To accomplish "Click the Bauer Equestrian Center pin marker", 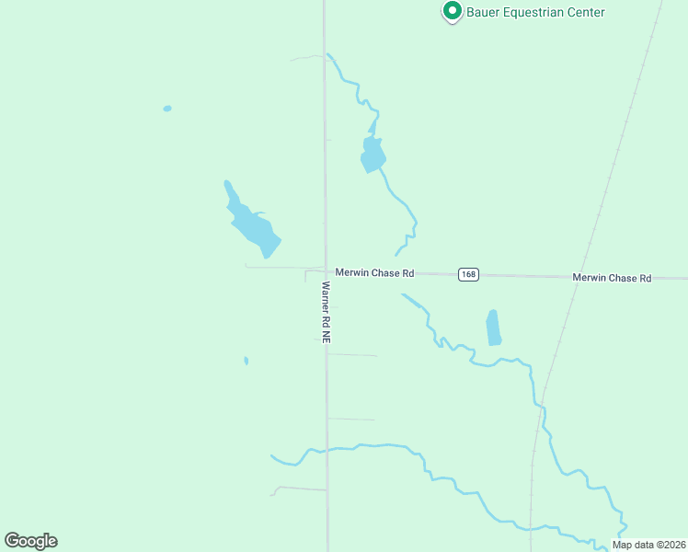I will point(452,11).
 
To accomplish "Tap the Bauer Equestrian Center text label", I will point(536,12).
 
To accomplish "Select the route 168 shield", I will point(469,274).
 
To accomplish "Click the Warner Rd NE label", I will point(326,313).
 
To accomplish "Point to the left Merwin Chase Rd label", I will point(374,273).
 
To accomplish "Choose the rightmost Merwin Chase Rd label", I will point(611,277).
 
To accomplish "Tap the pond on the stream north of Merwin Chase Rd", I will point(373,155).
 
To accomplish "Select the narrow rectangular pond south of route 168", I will point(494,328).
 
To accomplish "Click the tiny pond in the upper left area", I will point(167,109).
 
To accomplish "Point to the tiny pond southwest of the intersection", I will point(246,361).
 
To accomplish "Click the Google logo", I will point(30,541).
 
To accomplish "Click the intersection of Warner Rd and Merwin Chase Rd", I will point(326,270).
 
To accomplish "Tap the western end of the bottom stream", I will point(273,455).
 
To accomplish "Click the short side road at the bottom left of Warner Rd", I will point(299,489).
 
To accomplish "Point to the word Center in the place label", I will point(586,12).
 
